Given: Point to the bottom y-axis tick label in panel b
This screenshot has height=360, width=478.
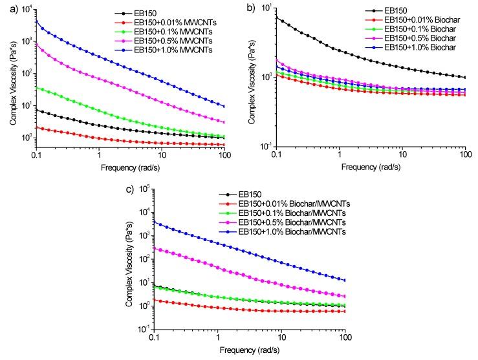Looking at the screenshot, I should click(x=263, y=146).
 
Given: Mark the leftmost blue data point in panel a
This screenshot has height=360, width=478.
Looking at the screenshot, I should click(x=37, y=21).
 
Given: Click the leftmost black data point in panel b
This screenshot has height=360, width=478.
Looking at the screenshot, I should click(x=277, y=17).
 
